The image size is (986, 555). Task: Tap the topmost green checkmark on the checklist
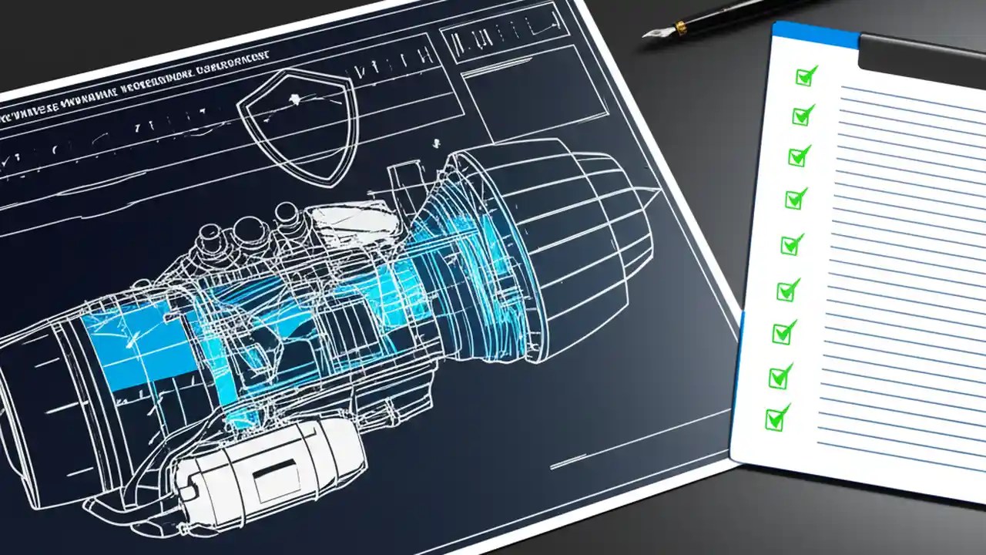click(806, 76)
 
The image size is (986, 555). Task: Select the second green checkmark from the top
click(802, 116)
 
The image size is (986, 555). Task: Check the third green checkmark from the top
click(799, 156)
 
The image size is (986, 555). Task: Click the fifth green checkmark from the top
click(791, 245)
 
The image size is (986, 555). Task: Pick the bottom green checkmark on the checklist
click(776, 419)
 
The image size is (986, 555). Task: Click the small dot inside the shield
click(293, 99)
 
